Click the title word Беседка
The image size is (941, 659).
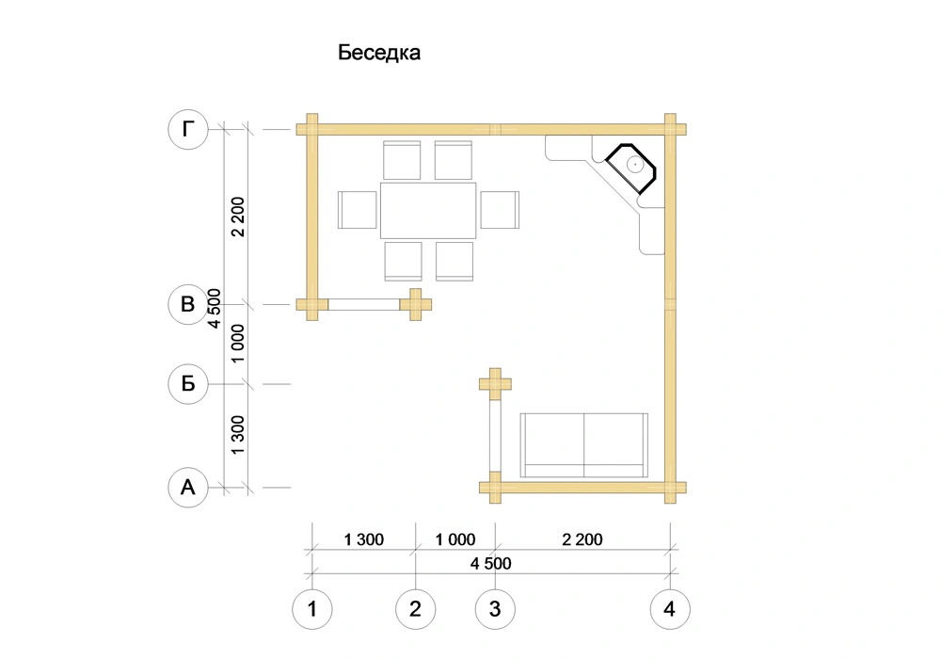[378, 53]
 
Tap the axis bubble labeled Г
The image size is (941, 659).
[188, 129]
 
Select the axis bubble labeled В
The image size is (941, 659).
[188, 304]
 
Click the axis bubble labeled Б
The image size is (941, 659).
[188, 383]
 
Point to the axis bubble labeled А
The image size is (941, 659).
[188, 488]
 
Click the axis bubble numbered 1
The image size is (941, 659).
[312, 609]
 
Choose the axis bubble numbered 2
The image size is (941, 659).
[415, 609]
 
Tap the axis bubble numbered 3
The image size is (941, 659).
[495, 609]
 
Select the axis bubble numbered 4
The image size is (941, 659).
[670, 609]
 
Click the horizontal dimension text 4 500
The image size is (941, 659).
[491, 564]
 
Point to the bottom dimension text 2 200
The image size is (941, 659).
[582, 539]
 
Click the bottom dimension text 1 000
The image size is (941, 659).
[455, 539]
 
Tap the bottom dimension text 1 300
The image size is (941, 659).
[363, 539]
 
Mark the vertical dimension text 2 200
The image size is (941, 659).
[238, 217]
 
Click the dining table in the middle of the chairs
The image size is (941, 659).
[428, 211]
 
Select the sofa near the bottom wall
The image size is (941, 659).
[584, 445]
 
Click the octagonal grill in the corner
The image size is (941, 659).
[630, 169]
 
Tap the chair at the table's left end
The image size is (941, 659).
[357, 210]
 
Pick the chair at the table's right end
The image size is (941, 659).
[500, 210]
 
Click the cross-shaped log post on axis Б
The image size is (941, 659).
[495, 383]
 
